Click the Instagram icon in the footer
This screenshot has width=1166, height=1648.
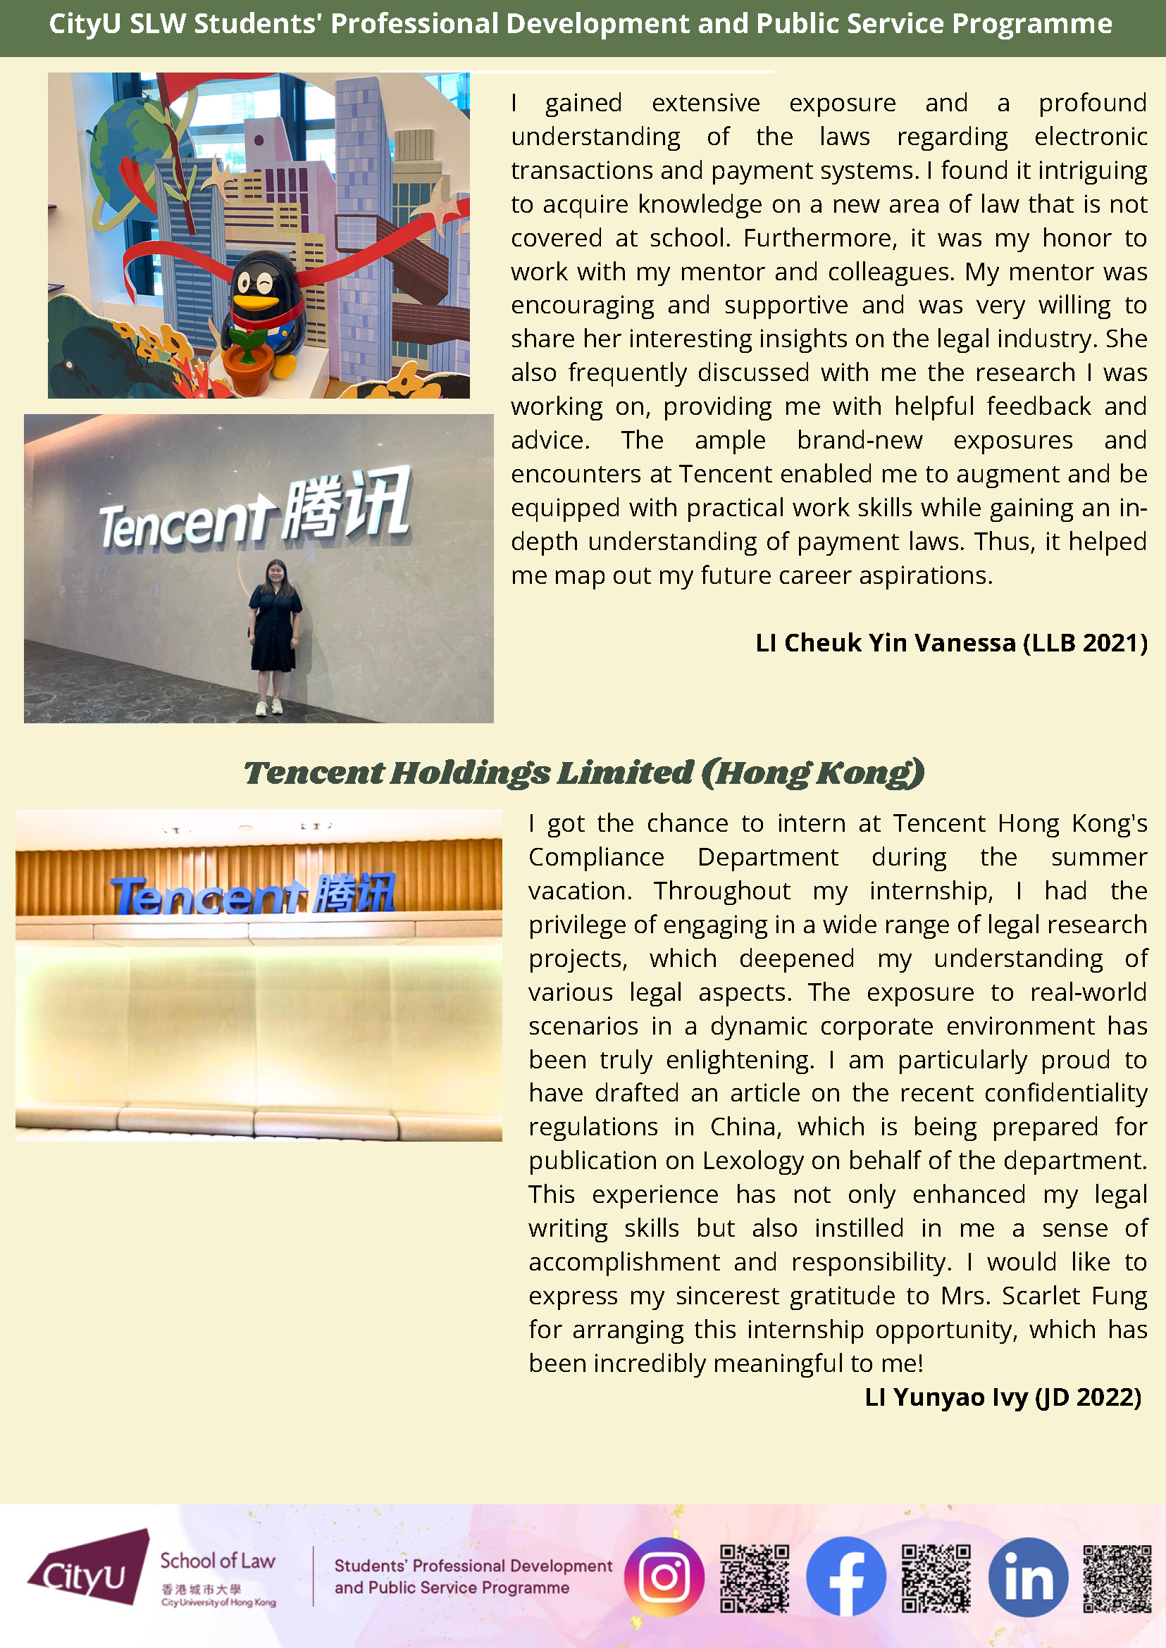tap(664, 1577)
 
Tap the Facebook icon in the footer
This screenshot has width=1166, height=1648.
tap(845, 1576)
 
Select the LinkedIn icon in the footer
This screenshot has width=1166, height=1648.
tap(1028, 1577)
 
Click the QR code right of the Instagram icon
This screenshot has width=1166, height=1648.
tap(754, 1578)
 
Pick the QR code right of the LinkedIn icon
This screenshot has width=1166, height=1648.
tap(1117, 1578)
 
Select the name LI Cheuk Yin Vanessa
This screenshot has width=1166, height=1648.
tap(886, 643)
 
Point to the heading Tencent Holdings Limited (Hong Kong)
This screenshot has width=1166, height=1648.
tap(583, 773)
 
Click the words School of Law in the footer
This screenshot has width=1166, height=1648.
tap(218, 1561)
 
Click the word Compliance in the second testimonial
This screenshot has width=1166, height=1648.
tap(596, 857)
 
